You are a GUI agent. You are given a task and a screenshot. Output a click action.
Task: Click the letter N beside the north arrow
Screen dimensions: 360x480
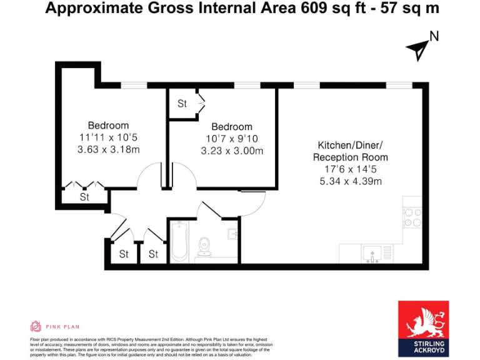[434, 37]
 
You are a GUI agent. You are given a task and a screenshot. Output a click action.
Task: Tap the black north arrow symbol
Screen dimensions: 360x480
[417, 49]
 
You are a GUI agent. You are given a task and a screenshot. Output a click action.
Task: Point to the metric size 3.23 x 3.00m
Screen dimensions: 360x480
[232, 151]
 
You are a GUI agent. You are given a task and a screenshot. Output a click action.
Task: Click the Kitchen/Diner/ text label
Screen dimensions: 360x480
[350, 145]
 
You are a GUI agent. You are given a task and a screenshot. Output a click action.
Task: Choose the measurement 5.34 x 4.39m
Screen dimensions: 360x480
[350, 181]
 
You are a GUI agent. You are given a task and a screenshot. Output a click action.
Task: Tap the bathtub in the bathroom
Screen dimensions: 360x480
[179, 241]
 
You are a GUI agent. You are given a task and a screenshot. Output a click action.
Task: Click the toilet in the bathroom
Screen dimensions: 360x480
[204, 247]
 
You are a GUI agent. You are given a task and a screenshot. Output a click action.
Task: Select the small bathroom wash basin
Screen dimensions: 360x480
[232, 235]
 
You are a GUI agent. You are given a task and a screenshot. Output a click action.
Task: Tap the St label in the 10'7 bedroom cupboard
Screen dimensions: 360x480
[182, 104]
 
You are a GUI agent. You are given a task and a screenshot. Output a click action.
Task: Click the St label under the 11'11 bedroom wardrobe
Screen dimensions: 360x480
[84, 197]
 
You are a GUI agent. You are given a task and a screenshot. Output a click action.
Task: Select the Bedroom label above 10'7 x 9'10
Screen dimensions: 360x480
[232, 127]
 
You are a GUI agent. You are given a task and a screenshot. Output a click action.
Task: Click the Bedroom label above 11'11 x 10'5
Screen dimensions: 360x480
[108, 125]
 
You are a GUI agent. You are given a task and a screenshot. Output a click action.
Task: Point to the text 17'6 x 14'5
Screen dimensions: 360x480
[350, 169]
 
